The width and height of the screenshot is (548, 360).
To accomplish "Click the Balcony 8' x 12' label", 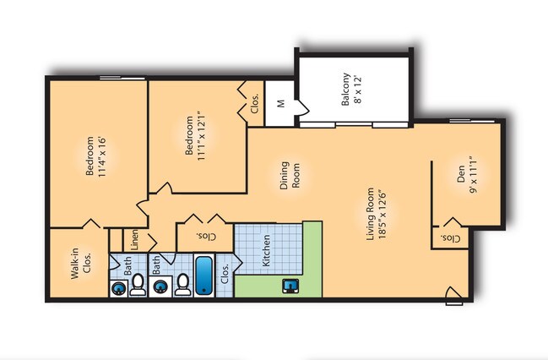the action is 351,89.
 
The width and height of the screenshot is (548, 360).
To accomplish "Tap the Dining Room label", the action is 290,175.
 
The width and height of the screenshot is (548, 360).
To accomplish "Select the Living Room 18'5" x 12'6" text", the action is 376,214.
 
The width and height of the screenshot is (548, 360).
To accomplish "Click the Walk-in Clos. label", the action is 81,263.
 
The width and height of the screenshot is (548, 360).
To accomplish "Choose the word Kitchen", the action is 266,250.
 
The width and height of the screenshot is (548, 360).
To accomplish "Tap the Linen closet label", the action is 134,240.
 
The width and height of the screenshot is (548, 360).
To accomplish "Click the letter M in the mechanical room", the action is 280,104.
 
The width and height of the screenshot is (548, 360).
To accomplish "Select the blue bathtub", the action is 203,275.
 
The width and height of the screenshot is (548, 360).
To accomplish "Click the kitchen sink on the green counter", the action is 290,286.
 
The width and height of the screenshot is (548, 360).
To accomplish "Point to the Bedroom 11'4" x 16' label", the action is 95,155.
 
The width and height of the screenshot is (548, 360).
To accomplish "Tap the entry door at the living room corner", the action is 454,296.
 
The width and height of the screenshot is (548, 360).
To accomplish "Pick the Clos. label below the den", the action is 451,239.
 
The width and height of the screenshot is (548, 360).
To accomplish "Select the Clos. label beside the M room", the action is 255,104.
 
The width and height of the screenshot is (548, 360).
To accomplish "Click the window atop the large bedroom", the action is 122,78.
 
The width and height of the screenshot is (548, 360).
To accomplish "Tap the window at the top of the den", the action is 472,121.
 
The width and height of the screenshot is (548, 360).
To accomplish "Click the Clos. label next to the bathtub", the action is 225,274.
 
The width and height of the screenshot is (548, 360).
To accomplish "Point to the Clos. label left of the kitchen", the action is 206,237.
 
